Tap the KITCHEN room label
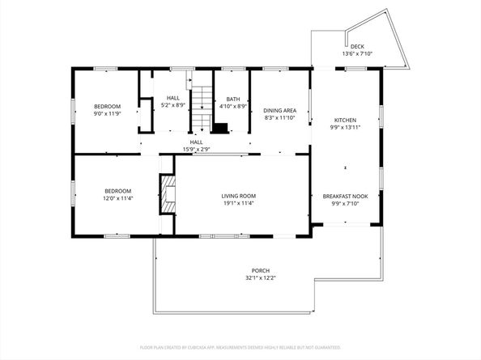pos(345,120)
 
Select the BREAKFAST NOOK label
pos(345,197)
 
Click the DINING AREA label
pos(280,110)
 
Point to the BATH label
pos(233,99)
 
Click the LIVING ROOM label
pos(239,196)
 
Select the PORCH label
pos(260,270)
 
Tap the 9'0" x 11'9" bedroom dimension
pos(107,114)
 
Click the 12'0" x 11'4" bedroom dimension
pos(117,198)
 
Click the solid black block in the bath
pos(220,127)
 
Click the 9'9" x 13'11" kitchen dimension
pos(345,127)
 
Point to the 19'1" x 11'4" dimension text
pos(239,203)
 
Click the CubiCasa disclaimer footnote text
pos(240,346)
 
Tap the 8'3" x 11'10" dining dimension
pos(280,117)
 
